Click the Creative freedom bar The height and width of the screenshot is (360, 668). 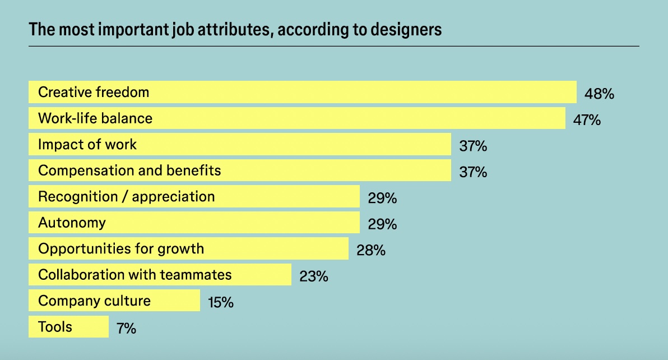click(303, 92)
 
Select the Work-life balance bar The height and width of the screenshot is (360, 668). click(297, 118)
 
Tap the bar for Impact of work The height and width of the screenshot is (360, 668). click(240, 144)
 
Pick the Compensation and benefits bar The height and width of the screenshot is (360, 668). click(240, 170)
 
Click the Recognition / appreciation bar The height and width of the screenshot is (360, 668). click(194, 196)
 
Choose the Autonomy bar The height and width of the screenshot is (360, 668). click(194, 223)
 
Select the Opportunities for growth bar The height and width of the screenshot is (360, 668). click(188, 248)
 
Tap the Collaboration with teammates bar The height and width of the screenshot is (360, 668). click(160, 275)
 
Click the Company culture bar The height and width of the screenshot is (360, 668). click(114, 301)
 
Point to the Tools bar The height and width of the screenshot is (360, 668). click(68, 326)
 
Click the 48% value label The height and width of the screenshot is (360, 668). click(599, 94)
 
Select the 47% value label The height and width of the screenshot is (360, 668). click(587, 120)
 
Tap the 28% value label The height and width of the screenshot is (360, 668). click(371, 250)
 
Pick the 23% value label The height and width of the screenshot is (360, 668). click(314, 276)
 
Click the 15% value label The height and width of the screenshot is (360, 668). click(220, 303)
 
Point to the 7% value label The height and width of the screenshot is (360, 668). click(126, 329)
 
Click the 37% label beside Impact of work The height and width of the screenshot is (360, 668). click(473, 146)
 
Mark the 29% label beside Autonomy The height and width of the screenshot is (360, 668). click(382, 224)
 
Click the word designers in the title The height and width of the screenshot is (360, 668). click(410, 30)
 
